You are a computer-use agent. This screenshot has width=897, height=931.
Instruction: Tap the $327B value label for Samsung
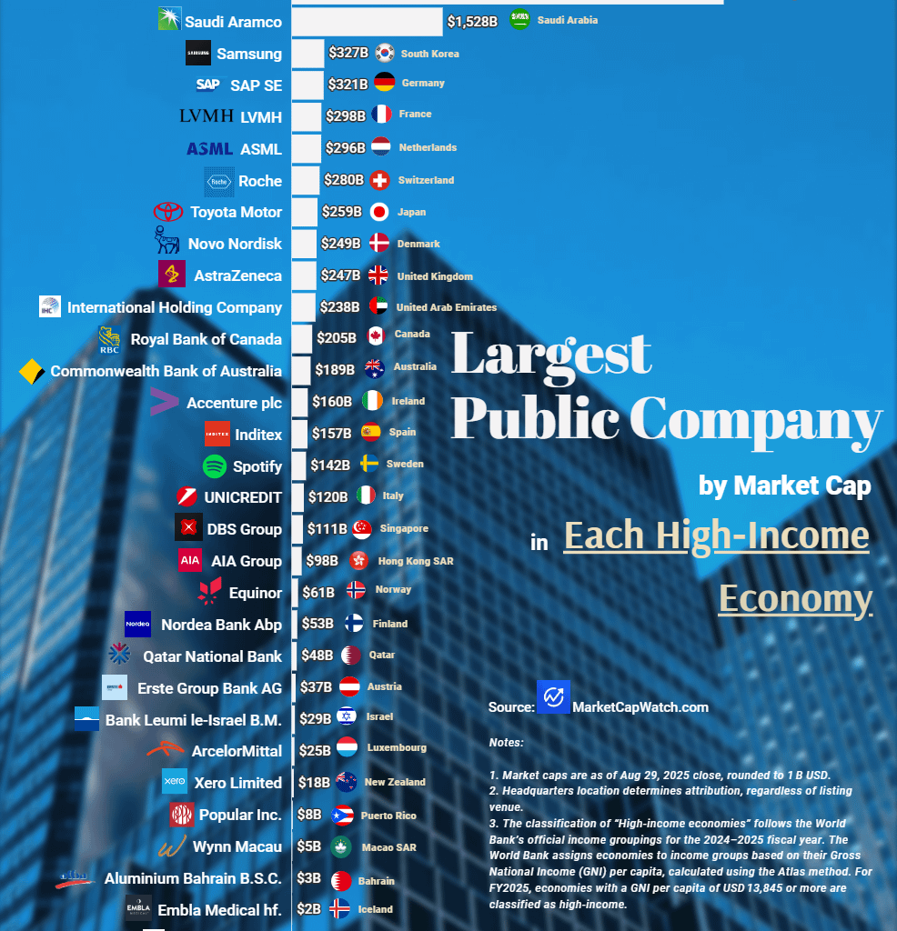349,53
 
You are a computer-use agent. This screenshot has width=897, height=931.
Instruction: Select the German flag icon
385,83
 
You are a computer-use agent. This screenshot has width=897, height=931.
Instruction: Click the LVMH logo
207,116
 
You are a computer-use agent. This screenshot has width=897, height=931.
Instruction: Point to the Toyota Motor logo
168,212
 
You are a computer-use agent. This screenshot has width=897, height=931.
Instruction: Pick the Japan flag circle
379,212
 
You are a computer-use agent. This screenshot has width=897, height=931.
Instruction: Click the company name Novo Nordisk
235,244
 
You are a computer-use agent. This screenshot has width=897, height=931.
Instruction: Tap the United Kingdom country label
435,276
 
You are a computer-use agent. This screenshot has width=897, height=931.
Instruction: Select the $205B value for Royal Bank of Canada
337,337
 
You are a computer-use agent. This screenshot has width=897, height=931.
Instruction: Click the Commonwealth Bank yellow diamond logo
32,371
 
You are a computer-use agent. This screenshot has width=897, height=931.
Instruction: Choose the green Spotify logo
215,466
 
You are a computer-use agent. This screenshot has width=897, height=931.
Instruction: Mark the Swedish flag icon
369,465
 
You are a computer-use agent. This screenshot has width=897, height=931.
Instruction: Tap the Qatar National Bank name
212,656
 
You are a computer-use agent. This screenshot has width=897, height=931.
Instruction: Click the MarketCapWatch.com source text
640,706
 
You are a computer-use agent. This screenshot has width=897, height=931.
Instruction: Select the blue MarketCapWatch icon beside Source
553,697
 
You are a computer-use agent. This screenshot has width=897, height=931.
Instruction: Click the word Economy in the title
795,598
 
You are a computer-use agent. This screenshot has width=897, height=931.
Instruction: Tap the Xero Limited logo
174,782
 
